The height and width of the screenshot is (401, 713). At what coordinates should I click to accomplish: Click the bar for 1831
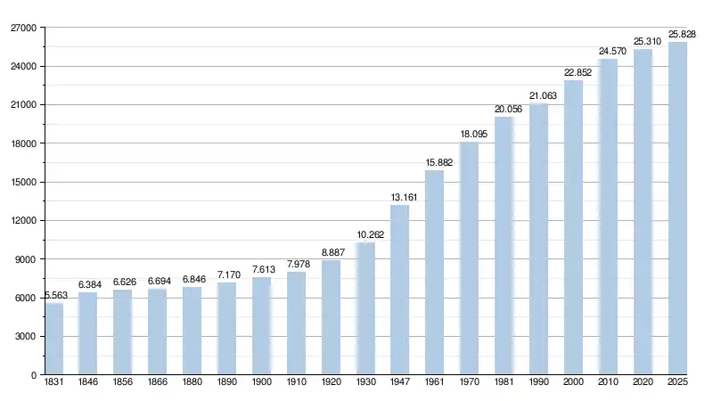click(x=54, y=339)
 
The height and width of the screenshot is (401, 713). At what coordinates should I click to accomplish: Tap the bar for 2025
click(x=677, y=209)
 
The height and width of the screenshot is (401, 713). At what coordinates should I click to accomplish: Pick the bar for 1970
click(x=469, y=258)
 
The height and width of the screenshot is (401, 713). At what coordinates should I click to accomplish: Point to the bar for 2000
click(x=573, y=227)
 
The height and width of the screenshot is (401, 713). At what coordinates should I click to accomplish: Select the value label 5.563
click(x=55, y=295)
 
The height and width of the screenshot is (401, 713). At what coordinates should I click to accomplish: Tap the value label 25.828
click(x=678, y=34)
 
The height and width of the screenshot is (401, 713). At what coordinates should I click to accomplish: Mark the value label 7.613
click(x=262, y=269)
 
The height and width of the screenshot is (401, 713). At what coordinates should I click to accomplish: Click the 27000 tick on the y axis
click(x=22, y=29)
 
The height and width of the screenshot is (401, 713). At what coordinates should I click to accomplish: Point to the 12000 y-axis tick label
click(x=22, y=221)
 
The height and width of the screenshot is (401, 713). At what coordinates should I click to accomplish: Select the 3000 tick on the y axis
click(x=25, y=337)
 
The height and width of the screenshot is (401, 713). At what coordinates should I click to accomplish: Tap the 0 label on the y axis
click(x=33, y=375)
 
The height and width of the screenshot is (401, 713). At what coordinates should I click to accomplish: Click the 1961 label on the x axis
click(x=434, y=383)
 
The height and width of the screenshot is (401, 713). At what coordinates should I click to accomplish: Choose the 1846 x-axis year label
click(x=88, y=383)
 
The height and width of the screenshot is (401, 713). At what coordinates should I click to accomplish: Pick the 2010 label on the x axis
click(x=608, y=383)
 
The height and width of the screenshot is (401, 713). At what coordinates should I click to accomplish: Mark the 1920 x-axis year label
click(x=331, y=383)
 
